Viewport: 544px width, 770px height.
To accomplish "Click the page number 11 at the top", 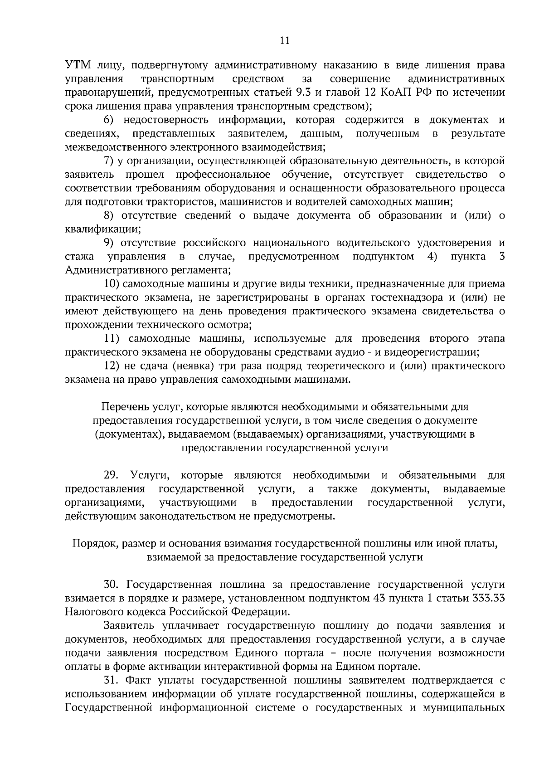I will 284,40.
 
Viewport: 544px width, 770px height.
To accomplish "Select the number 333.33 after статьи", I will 488,598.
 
